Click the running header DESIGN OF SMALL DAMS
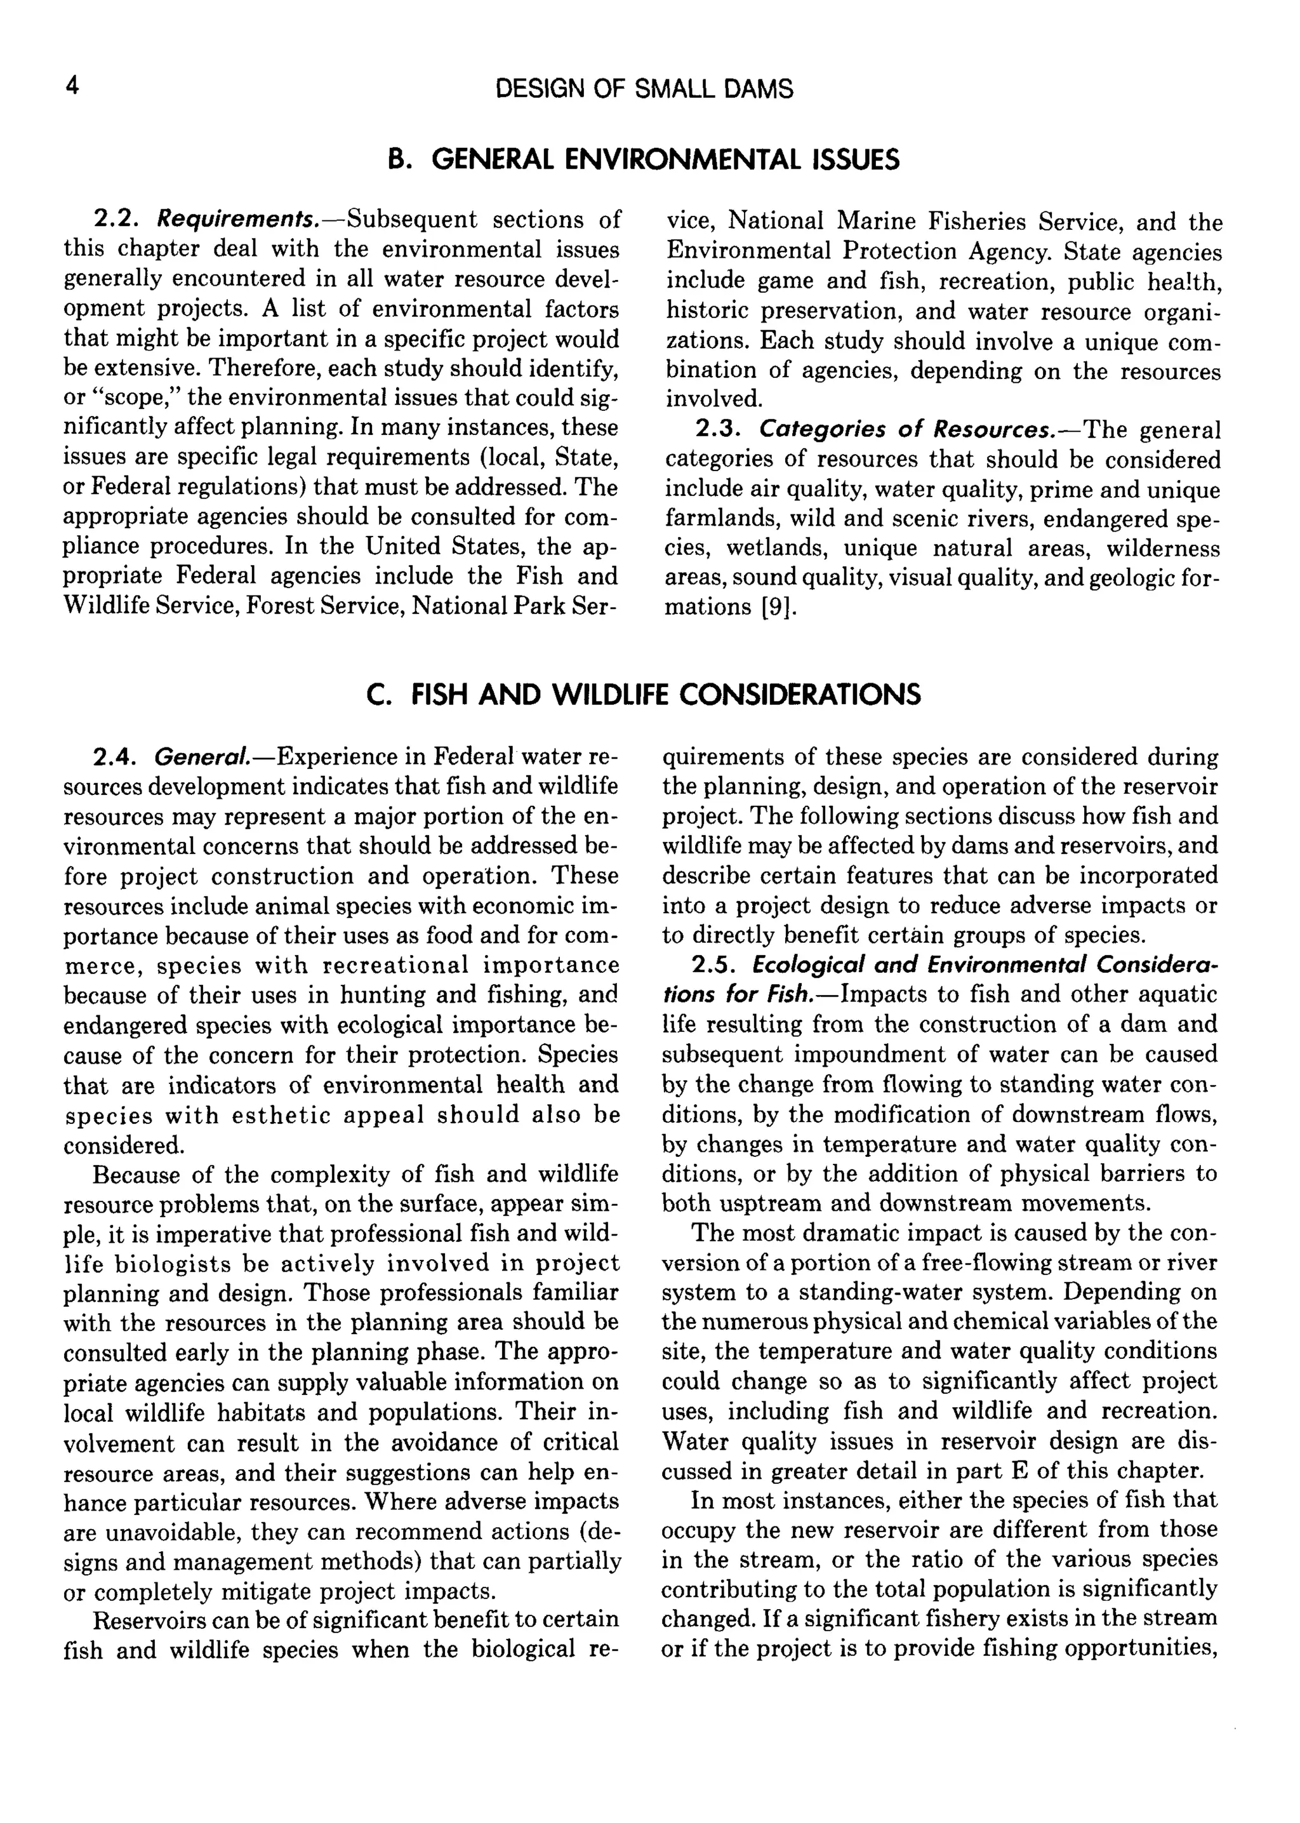(x=644, y=89)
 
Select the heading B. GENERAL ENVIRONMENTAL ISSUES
(x=644, y=160)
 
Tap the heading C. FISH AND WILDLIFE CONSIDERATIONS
(x=644, y=694)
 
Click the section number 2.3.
(x=718, y=431)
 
